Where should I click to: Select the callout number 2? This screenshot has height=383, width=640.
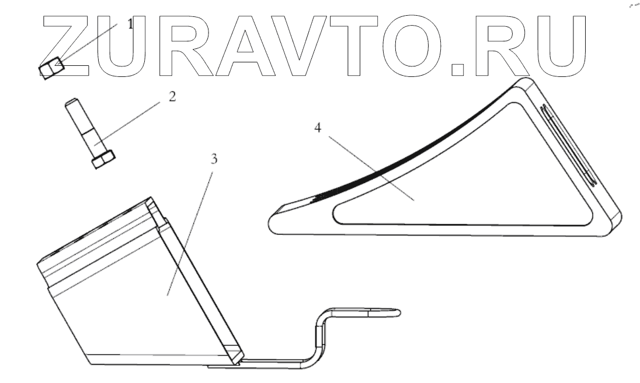172,96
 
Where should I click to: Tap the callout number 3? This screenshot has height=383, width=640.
214,159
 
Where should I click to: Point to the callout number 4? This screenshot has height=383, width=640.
317,128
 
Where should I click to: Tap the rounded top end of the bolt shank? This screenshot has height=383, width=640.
71,103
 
